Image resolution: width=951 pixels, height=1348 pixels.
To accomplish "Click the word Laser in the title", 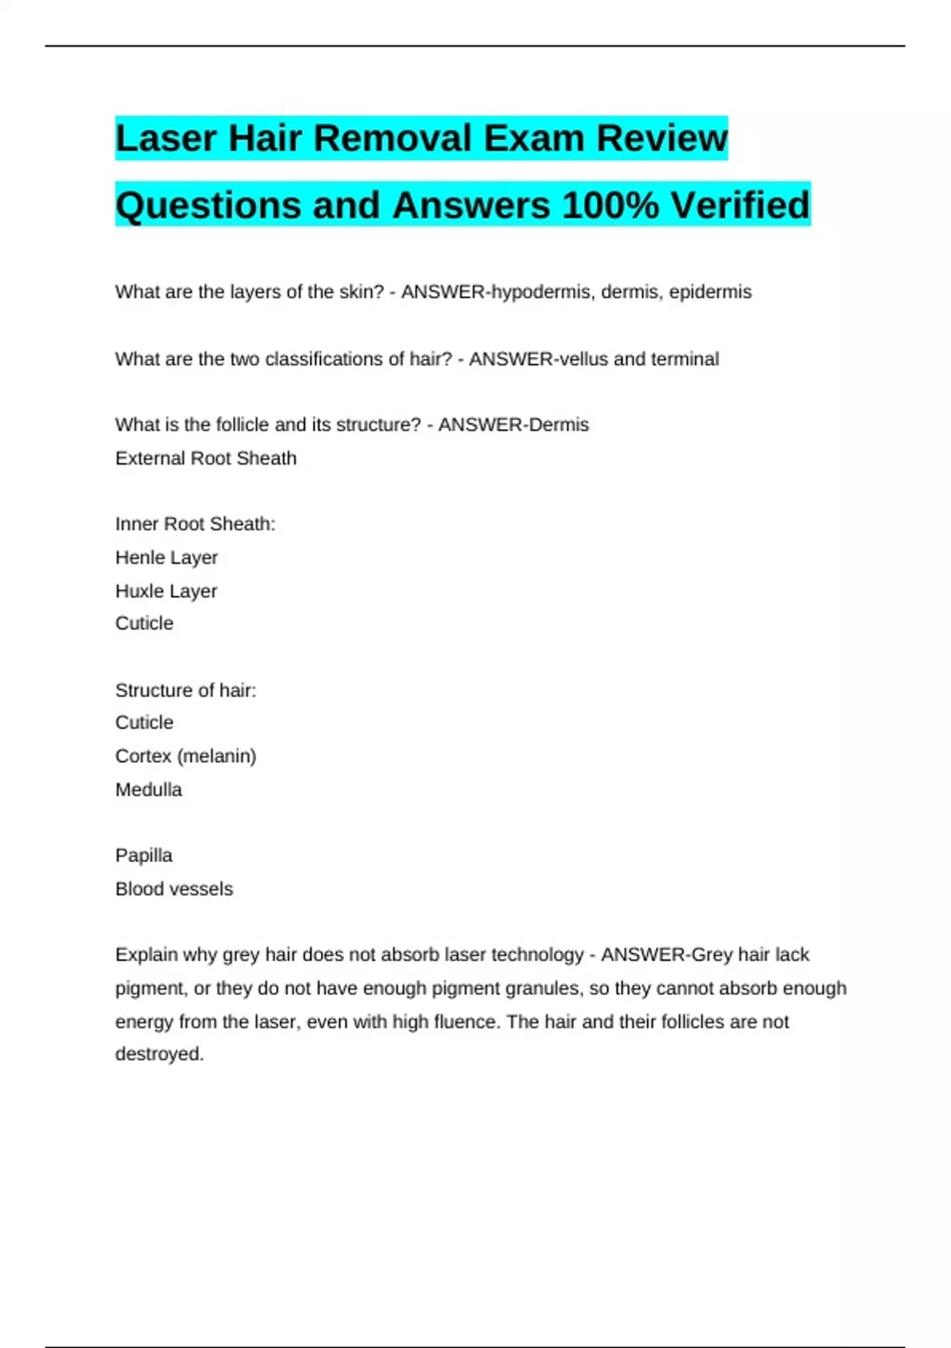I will [166, 139].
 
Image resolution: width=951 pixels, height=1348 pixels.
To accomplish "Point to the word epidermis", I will [710, 292].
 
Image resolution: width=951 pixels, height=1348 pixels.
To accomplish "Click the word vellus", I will [583, 359].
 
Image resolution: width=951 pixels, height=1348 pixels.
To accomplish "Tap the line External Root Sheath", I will [206, 458].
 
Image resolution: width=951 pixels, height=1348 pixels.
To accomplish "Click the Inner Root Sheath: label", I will [195, 524].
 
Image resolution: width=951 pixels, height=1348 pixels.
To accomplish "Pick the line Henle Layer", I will [166, 557].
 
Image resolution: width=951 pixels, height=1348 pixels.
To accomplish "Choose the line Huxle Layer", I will [166, 592].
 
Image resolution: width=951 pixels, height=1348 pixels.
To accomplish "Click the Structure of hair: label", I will [185, 691].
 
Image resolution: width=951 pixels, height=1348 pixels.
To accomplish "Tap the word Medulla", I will [149, 790].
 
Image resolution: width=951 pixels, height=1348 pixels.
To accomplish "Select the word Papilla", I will [143, 856].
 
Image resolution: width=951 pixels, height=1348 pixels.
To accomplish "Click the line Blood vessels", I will [174, 889].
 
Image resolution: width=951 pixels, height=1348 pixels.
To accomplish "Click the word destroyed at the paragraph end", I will [159, 1055].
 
